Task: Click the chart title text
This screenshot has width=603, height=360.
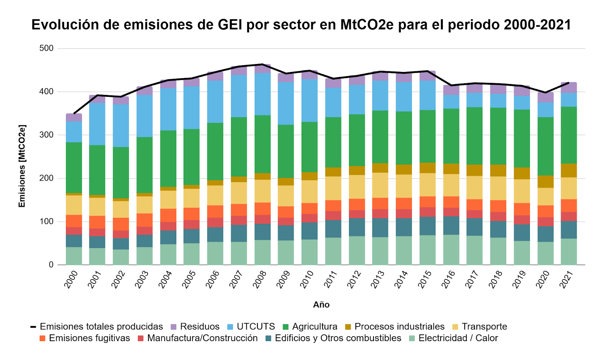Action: [301, 25]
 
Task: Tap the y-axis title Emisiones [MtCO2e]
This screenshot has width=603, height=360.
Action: [22, 166]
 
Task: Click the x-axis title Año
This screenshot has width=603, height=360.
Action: [321, 305]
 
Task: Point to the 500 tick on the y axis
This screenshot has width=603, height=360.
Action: [46, 48]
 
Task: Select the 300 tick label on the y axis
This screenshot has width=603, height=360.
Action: [46, 135]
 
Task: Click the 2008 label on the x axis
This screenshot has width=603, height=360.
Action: [260, 279]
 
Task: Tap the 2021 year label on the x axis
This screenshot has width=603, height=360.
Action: [566, 279]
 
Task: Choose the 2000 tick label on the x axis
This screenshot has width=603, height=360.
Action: [71, 279]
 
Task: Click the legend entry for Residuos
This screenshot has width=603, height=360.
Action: [195, 326]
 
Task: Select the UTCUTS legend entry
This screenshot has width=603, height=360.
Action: [252, 326]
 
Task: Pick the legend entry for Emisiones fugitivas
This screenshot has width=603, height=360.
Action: [84, 338]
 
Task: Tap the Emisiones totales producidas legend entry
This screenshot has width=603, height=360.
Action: [96, 326]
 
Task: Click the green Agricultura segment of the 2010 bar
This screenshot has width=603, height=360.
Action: [309, 147]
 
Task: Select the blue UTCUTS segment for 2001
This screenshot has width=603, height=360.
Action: [97, 124]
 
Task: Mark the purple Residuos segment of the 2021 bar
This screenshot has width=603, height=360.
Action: [569, 87]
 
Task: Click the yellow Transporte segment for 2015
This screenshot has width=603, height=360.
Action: [427, 185]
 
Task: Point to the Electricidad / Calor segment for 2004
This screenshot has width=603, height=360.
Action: [168, 254]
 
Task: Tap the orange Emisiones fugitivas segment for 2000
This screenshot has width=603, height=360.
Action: [74, 221]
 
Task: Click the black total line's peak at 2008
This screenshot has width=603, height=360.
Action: [262, 64]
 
